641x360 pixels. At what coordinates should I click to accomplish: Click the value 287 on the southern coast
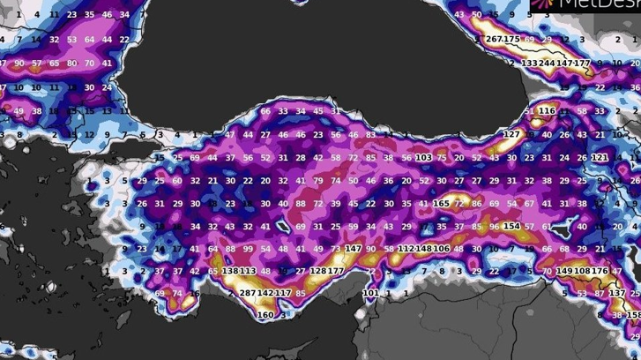(247, 293)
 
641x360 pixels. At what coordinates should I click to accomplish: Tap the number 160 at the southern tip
(265, 315)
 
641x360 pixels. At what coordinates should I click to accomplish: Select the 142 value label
(265, 293)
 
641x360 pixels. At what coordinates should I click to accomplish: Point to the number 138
(230, 271)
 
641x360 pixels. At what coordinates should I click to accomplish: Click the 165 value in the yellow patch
(441, 204)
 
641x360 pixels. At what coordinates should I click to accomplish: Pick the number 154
(511, 227)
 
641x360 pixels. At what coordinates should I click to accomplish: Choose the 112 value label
(406, 249)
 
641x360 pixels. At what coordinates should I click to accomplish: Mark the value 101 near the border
(370, 293)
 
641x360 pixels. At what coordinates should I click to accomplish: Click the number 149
(564, 271)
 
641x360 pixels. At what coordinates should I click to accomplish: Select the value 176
(600, 271)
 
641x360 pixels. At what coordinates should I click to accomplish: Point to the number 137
(617, 293)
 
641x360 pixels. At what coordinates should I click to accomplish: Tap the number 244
(547, 64)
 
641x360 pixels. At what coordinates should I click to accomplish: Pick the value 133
(529, 64)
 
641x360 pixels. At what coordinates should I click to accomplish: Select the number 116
(547, 111)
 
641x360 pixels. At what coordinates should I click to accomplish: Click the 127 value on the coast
(511, 134)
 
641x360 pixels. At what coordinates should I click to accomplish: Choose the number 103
(423, 157)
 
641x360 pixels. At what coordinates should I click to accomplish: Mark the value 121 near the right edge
(600, 157)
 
